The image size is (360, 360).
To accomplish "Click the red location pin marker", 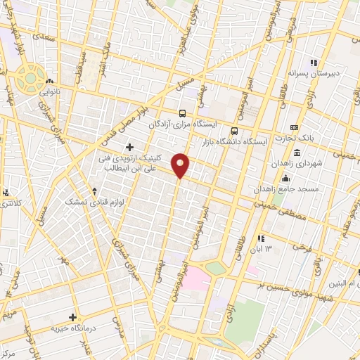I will tap(181, 165).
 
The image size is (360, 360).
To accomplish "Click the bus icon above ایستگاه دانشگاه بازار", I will tap(235, 131).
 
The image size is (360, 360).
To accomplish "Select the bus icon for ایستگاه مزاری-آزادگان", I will tap(183, 113).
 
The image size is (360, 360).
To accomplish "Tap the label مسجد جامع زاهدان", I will tap(288, 189).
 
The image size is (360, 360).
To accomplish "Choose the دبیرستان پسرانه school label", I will tap(312, 73).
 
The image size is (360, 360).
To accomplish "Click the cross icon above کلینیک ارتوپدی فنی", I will tap(129, 146).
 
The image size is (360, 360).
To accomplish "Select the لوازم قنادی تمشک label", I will tap(74, 202).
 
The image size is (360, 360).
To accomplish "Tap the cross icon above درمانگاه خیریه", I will tap(72, 318).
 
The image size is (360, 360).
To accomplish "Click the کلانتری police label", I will tap(7, 203).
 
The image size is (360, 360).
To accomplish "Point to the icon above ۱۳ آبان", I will tap(261, 239).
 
